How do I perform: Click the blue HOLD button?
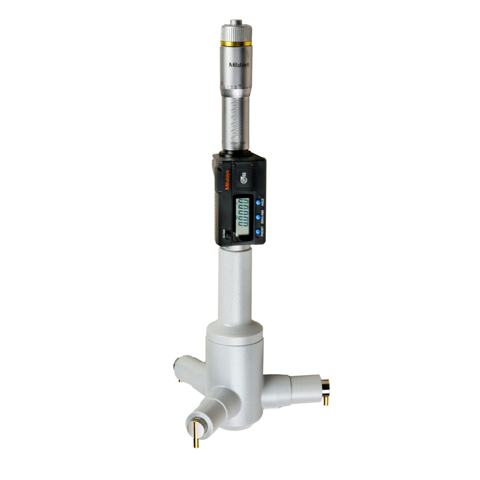pos(258,203)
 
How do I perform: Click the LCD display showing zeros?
pos(243,212)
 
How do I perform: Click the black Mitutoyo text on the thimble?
pos(239,65)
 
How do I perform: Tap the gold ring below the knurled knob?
pos(236,44)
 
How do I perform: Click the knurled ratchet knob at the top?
pos(236,33)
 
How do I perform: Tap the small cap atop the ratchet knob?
pos(236,22)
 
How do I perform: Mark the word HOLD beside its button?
pos(263,203)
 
